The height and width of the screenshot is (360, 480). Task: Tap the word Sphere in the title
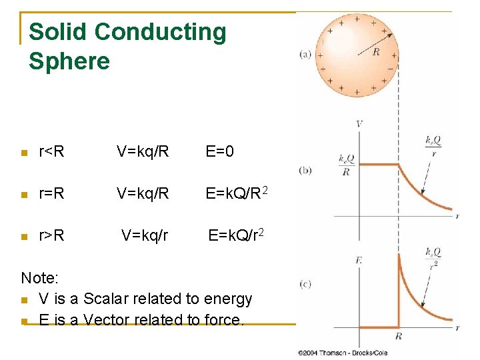[x=69, y=61]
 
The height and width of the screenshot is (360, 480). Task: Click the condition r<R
[x=52, y=152]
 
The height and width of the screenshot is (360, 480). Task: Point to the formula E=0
[x=219, y=152]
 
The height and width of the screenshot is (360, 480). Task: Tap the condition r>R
[x=52, y=235]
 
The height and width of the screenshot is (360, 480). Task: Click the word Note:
[x=40, y=277]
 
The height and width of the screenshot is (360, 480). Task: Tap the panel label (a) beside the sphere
[x=305, y=55]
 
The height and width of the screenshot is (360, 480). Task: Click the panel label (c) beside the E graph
[x=305, y=283]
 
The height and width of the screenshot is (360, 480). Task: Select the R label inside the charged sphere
[x=375, y=51]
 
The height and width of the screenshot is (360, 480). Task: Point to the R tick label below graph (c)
[x=399, y=337]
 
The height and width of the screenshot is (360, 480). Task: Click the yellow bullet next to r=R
[x=25, y=194]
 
